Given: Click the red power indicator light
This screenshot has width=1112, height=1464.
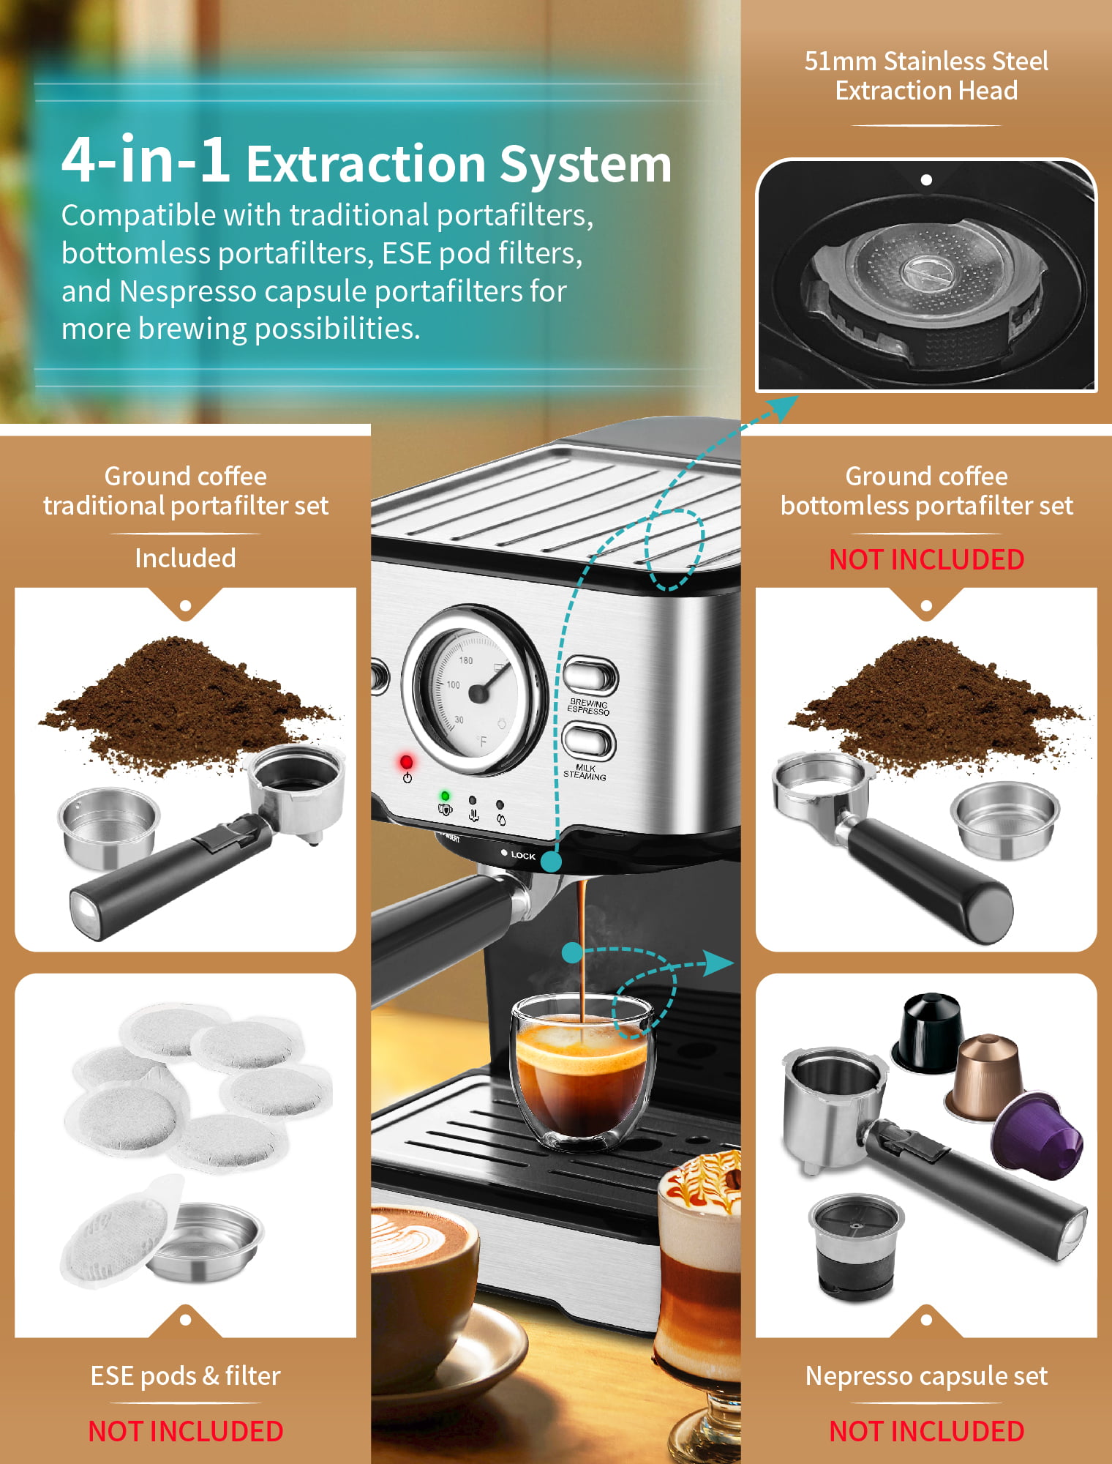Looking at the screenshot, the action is [406, 762].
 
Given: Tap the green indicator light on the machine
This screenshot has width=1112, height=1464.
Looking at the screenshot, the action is [445, 796].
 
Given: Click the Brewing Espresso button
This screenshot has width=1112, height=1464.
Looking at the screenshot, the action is [590, 675].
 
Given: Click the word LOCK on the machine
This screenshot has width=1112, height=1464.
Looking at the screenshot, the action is [523, 855].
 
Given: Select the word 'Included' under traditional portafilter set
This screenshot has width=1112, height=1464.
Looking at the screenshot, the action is [185, 559].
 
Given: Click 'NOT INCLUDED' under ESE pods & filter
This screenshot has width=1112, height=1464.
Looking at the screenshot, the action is [185, 1431].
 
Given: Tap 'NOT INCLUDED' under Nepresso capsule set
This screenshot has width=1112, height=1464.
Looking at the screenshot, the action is [926, 1431].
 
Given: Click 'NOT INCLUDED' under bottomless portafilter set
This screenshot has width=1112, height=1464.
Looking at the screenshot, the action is [926, 559].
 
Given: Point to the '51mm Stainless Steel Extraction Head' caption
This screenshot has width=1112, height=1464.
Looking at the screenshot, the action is [926, 75].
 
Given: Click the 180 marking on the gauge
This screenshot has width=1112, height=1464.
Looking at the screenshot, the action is [466, 660].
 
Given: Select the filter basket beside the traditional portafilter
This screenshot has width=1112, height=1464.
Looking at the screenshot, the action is [108, 827].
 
